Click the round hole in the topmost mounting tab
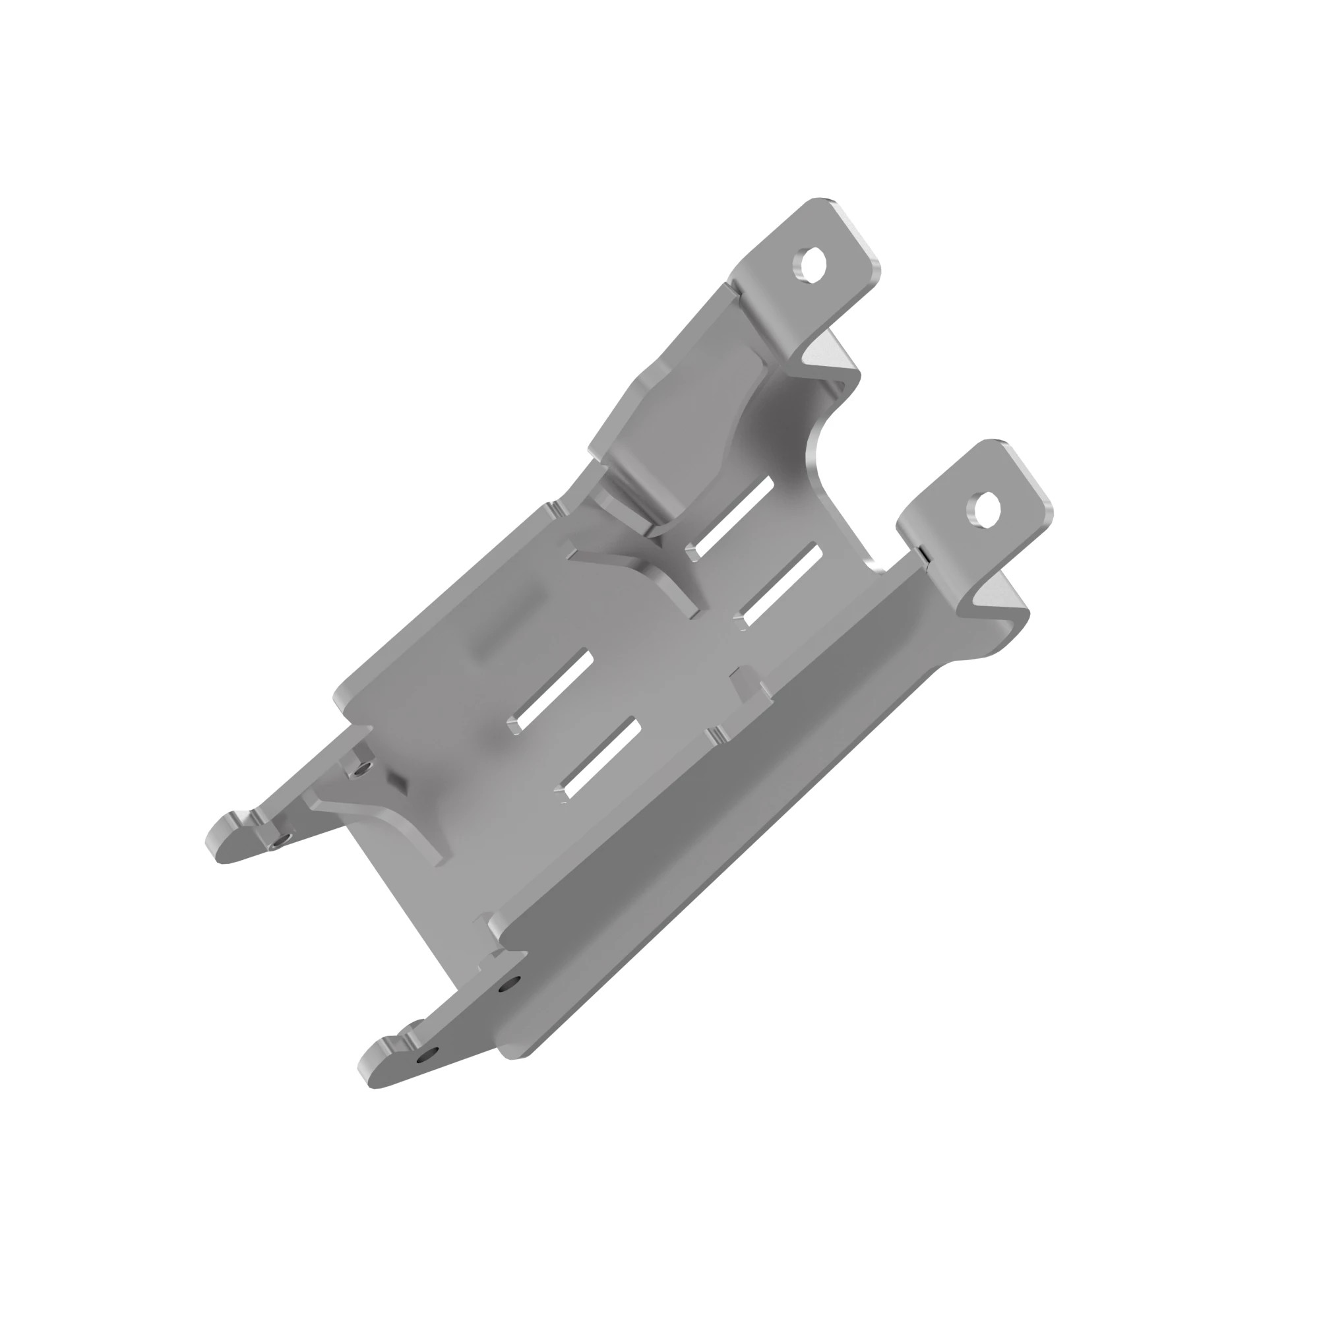pos(809,263)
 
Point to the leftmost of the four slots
pos(554,690)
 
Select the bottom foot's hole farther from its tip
pos(509,984)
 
